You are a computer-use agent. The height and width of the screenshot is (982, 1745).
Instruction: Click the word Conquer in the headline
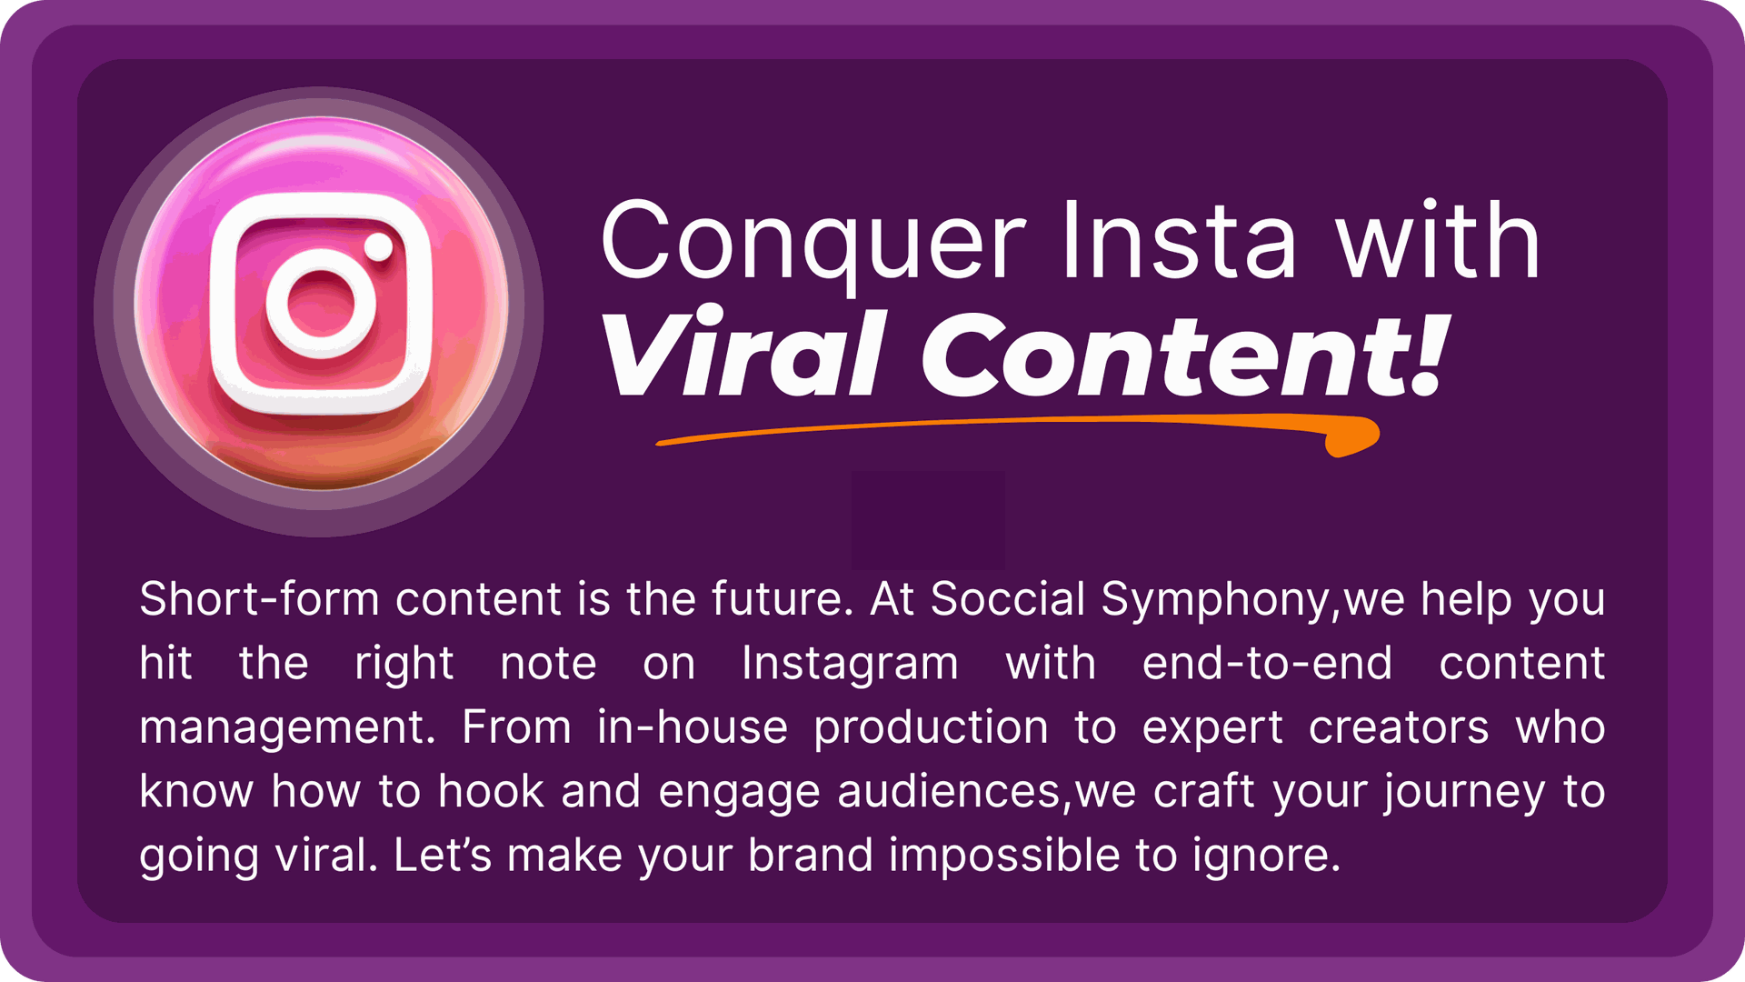(x=814, y=245)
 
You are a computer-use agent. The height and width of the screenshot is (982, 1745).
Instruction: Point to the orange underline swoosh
(x=1018, y=427)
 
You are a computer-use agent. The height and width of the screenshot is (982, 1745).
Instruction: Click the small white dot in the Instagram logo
(x=378, y=246)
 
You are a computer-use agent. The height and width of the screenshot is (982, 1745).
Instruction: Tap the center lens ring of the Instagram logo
(x=321, y=303)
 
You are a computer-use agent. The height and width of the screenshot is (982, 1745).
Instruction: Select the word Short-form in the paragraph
(x=259, y=599)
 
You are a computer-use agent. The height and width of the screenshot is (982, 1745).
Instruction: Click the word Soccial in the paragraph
(x=1008, y=599)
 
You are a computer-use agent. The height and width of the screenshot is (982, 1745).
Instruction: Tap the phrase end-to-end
(x=1267, y=664)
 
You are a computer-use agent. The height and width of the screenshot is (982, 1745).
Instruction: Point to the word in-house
(x=693, y=727)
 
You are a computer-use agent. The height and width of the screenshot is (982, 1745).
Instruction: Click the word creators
(x=1399, y=728)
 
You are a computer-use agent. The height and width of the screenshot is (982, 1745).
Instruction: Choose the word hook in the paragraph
(x=491, y=791)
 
